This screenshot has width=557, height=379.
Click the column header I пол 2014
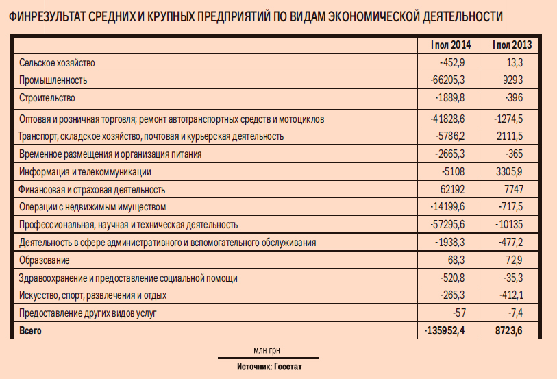(x=451, y=45)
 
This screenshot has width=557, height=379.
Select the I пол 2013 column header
(x=511, y=45)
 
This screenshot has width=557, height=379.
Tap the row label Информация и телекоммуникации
(x=86, y=171)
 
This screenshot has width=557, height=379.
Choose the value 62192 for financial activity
(x=453, y=189)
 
